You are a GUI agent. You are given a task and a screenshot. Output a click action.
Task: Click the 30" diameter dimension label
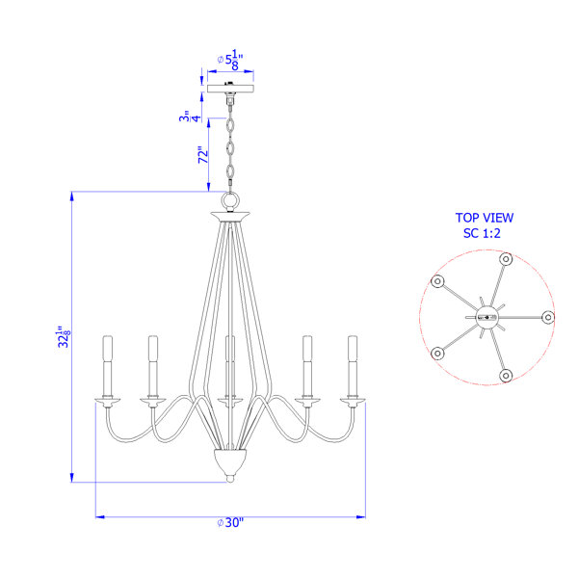coord(230,522)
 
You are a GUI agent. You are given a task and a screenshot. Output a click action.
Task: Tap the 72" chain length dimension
coord(203,155)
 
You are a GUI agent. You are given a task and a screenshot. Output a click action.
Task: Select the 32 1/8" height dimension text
coord(64,336)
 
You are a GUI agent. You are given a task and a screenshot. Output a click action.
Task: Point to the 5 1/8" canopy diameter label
coord(230,60)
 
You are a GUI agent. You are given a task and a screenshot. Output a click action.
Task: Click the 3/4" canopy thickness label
coord(190,116)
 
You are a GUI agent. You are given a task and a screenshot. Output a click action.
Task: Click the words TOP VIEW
coord(484,218)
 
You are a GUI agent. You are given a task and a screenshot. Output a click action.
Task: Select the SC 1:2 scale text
coord(482,233)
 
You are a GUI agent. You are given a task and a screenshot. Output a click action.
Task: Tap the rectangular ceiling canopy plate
coord(230,89)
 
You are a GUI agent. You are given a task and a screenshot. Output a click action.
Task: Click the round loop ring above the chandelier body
coord(230,201)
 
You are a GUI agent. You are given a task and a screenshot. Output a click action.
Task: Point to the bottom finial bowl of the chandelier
coord(230,463)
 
